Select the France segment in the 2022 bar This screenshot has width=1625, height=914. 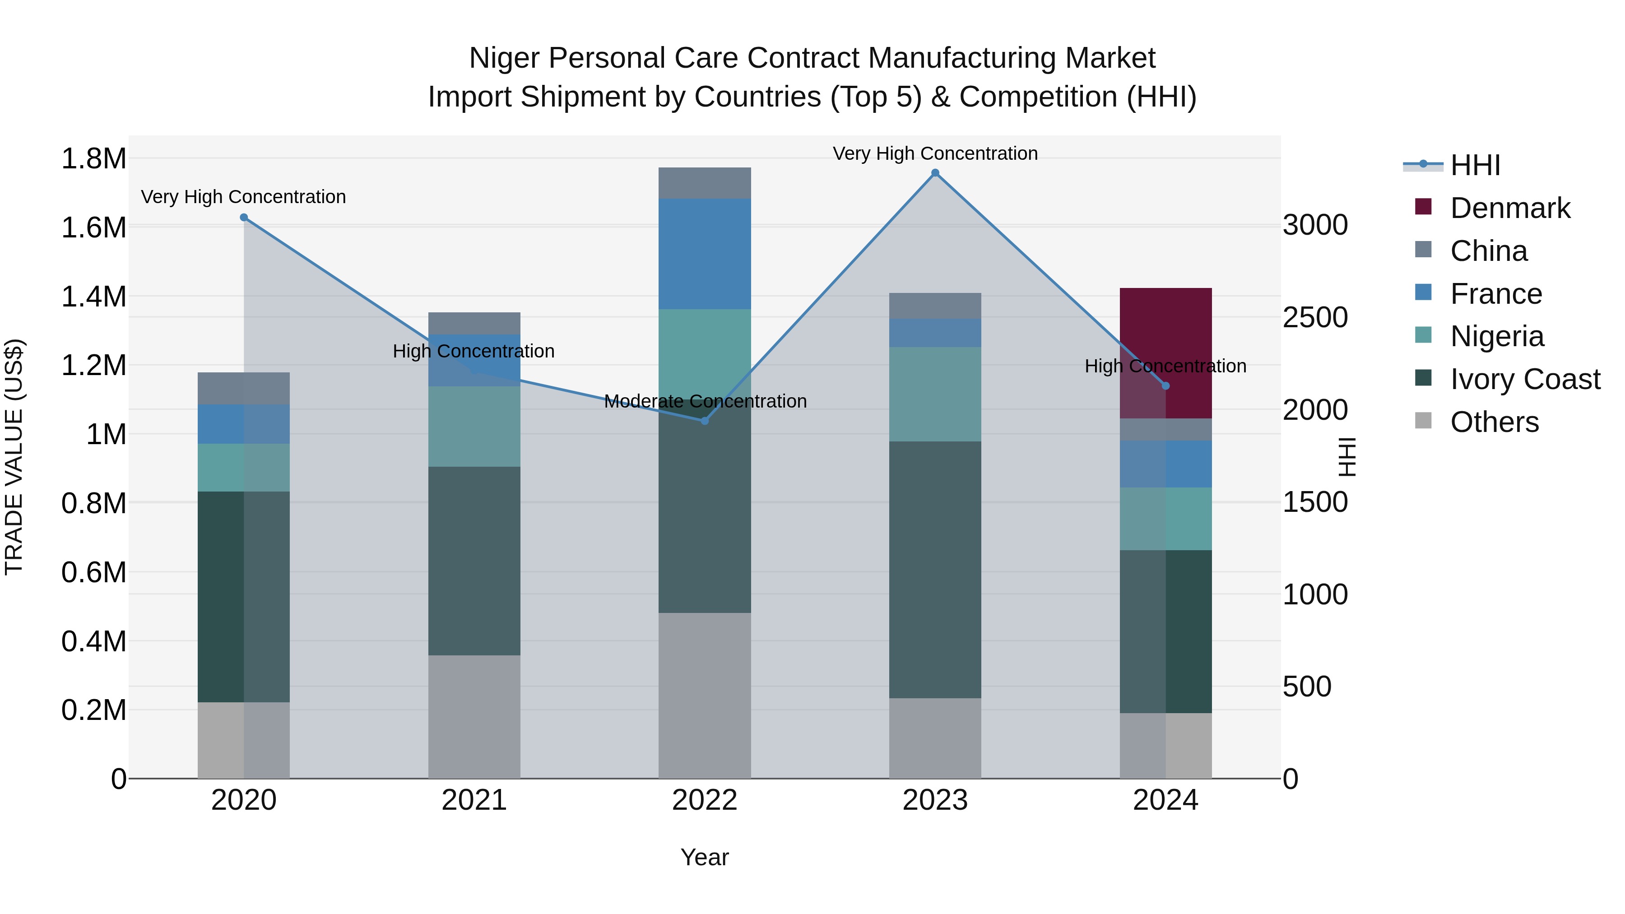click(x=705, y=254)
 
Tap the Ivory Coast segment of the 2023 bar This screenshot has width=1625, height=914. click(x=935, y=569)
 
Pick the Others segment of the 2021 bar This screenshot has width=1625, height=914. click(x=474, y=717)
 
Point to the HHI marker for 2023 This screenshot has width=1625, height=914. click(x=935, y=173)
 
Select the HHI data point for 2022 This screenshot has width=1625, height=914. click(x=705, y=421)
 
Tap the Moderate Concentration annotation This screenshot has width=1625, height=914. click(x=705, y=401)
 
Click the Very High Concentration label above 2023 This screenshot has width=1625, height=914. click(x=935, y=153)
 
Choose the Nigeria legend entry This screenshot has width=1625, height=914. click(x=1496, y=336)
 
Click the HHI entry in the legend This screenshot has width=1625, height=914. click(x=1475, y=165)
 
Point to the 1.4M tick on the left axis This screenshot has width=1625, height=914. click(x=93, y=297)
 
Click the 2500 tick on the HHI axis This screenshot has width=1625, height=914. click(x=1315, y=317)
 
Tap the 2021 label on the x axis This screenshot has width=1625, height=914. click(x=474, y=800)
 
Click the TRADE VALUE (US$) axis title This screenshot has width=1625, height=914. click(x=14, y=457)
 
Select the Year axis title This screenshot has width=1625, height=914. click(x=705, y=857)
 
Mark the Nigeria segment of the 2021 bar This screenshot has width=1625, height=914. click(x=474, y=427)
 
